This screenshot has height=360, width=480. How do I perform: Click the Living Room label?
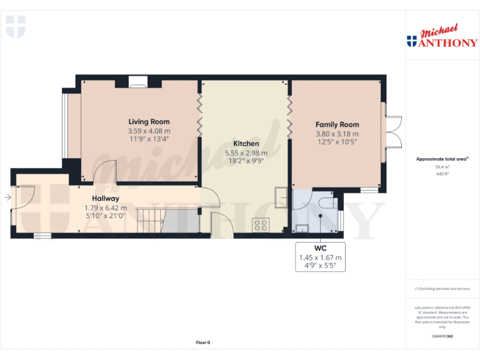click(149, 122)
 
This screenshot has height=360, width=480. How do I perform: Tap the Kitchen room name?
click(246, 144)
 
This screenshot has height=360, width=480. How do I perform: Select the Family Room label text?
click(337, 124)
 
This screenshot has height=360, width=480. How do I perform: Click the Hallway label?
click(105, 199)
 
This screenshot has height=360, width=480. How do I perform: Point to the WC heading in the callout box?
click(320, 248)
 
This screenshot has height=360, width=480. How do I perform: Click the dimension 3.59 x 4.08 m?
click(149, 131)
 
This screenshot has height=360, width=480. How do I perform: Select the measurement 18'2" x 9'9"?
click(246, 161)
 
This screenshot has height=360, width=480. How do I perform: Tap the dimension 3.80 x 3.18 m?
click(337, 134)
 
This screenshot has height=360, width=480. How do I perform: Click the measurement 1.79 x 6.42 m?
click(105, 208)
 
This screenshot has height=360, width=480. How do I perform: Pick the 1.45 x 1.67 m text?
click(320, 257)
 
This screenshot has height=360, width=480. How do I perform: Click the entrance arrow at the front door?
click(7, 197)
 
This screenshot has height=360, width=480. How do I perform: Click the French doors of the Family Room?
click(392, 131)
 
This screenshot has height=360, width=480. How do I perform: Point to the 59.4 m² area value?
click(443, 167)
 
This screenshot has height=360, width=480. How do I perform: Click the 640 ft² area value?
click(443, 174)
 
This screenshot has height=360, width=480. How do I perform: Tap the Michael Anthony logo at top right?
click(442, 37)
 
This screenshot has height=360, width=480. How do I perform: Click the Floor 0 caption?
click(203, 342)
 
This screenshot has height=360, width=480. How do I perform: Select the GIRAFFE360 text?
click(442, 337)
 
